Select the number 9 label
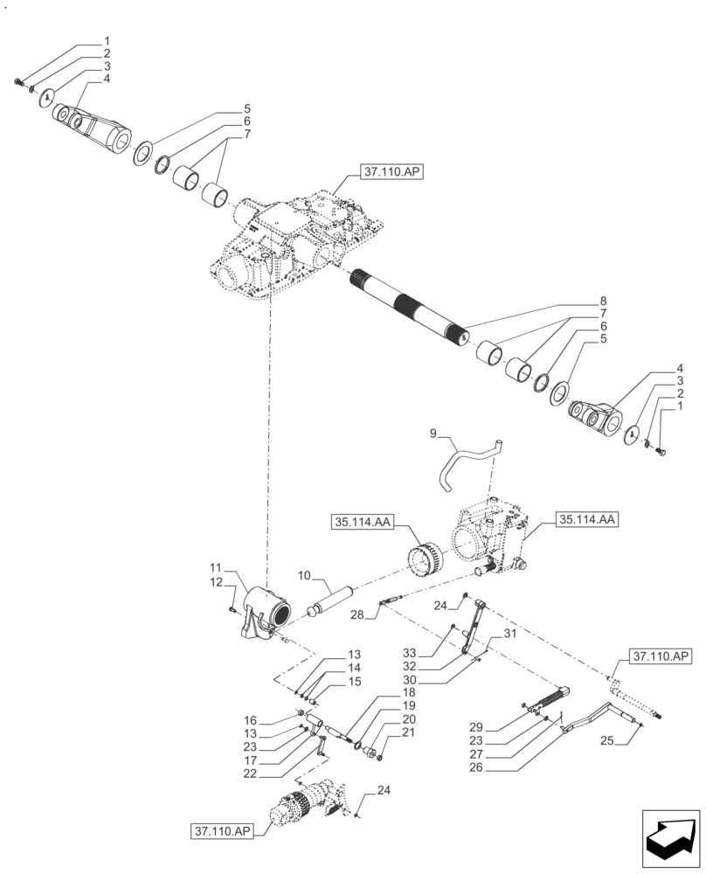point(431,433)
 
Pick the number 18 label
point(384,691)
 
